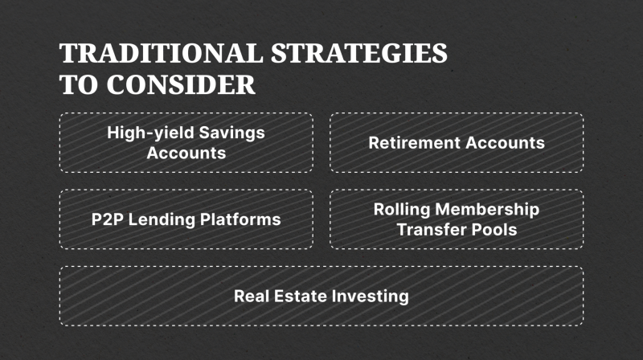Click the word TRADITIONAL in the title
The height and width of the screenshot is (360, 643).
[161, 53]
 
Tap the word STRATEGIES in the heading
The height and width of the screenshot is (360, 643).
[359, 53]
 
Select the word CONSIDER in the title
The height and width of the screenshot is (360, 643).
[181, 84]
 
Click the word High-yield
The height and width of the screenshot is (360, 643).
[150, 133]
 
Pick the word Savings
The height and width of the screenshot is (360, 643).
[232, 133]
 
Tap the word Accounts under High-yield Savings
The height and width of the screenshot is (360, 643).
[186, 153]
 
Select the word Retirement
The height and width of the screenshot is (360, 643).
[415, 143]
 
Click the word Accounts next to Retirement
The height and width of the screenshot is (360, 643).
[506, 143]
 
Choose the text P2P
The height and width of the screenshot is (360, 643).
[108, 219]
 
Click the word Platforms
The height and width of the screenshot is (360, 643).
[240, 219]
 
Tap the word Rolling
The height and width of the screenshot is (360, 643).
[402, 210]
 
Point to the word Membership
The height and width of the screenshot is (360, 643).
[487, 209]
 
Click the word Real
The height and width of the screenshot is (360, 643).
[252, 296]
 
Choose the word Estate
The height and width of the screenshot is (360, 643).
[300, 296]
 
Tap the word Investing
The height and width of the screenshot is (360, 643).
[371, 297]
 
